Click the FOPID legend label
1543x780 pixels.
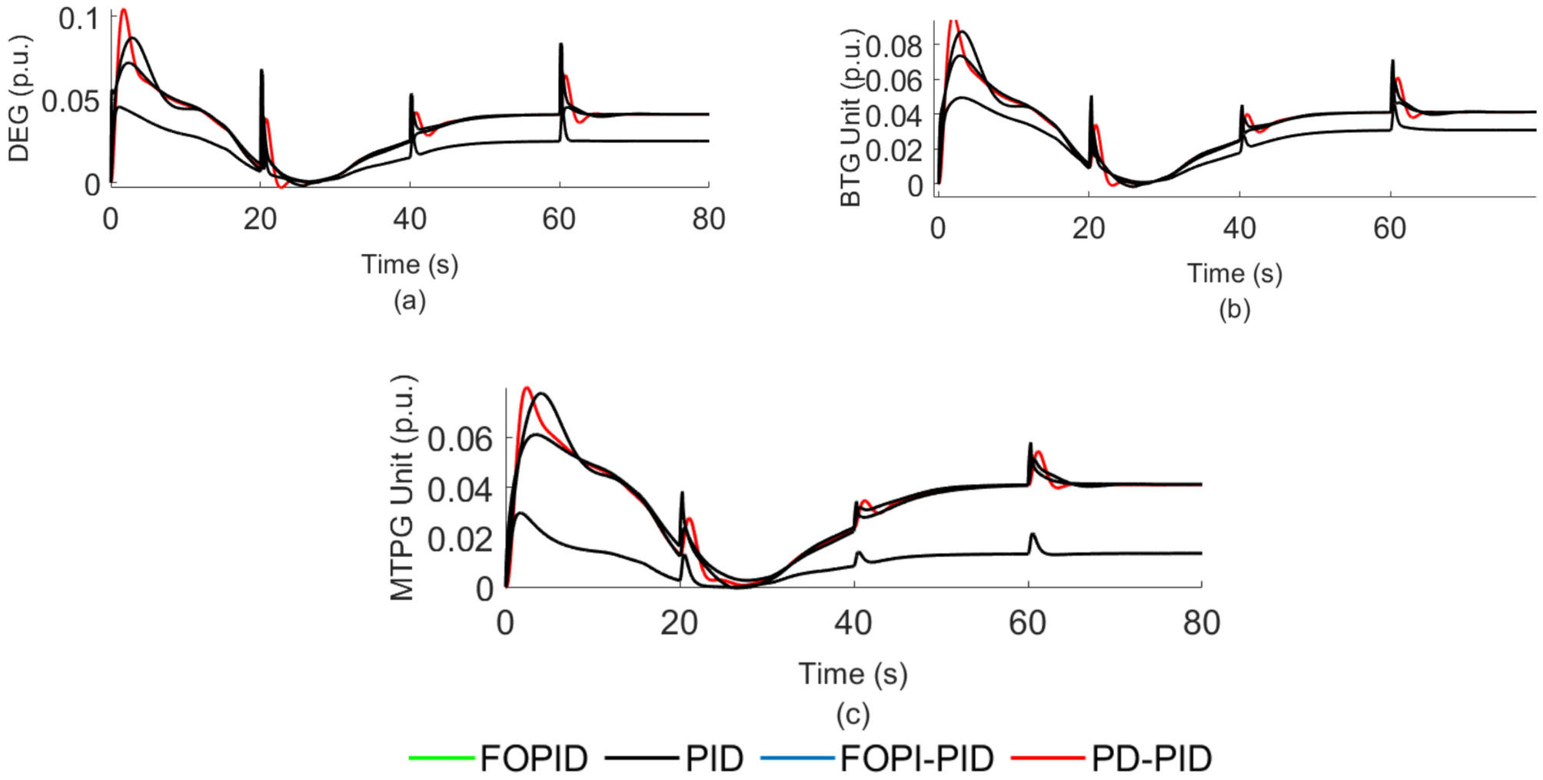[x=534, y=758]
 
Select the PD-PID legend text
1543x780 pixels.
[x=1151, y=758]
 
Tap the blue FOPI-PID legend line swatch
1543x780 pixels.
[x=797, y=758]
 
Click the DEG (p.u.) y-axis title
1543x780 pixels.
[x=19, y=98]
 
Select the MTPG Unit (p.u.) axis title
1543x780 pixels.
[x=403, y=488]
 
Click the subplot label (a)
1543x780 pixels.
[x=409, y=300]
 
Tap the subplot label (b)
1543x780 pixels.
[x=1234, y=309]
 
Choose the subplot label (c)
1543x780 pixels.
[x=853, y=715]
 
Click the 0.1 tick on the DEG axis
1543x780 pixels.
[x=78, y=19]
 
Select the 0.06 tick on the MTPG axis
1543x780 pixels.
[x=460, y=439]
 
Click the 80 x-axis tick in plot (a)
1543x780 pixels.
[x=708, y=219]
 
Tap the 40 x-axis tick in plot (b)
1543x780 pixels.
[x=1239, y=228]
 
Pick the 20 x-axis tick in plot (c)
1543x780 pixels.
[x=679, y=623]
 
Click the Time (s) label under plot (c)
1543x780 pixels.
[x=853, y=674]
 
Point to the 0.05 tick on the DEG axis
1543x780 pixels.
[x=71, y=101]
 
